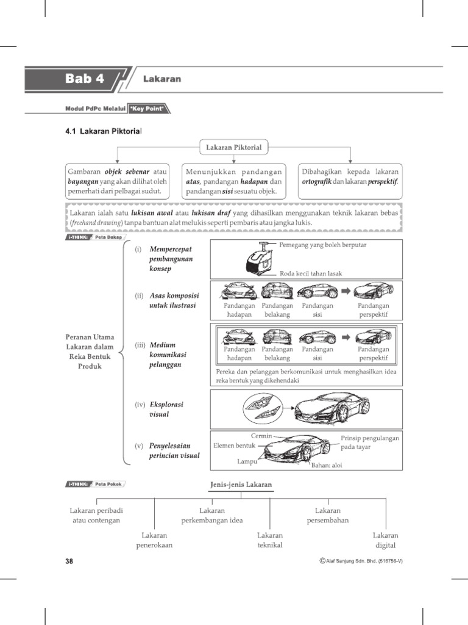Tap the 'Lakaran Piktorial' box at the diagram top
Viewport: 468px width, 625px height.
pyautogui.click(x=235, y=147)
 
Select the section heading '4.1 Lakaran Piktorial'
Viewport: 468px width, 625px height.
pyautogui.click(x=103, y=131)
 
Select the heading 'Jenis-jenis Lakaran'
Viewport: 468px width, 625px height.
pyautogui.click(x=241, y=485)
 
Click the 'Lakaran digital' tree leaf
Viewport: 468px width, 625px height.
pyautogui.click(x=386, y=540)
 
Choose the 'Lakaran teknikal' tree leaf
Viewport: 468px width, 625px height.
pyautogui.click(x=270, y=540)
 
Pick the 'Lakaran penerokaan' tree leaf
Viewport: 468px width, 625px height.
pyautogui.click(x=154, y=540)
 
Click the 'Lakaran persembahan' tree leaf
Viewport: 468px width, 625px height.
pyautogui.click(x=328, y=515)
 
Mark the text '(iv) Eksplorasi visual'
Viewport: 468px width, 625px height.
pyautogui.click(x=160, y=409)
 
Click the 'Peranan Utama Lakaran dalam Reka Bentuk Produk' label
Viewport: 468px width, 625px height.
pyautogui.click(x=90, y=352)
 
